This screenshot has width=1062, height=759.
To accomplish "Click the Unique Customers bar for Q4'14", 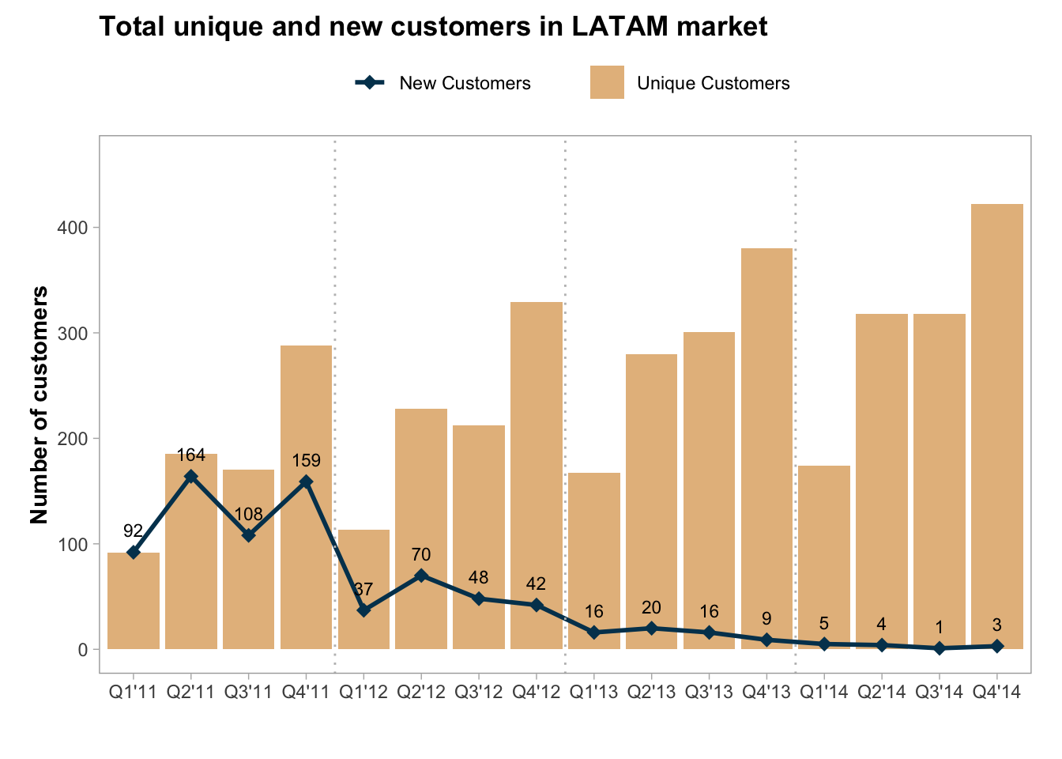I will [x=997, y=427].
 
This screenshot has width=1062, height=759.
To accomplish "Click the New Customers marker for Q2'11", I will [x=191, y=477].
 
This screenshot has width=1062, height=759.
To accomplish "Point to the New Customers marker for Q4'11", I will [x=306, y=481].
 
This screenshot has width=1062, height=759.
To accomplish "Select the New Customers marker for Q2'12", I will [x=421, y=576].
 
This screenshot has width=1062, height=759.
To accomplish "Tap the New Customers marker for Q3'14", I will [x=940, y=648].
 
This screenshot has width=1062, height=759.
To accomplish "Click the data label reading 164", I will [x=191, y=455].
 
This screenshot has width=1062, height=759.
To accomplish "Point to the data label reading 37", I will [x=363, y=590].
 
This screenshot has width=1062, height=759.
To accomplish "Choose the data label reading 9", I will [x=766, y=619].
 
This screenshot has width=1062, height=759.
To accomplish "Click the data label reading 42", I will [x=536, y=584].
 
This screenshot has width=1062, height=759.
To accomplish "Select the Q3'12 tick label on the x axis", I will [x=479, y=693].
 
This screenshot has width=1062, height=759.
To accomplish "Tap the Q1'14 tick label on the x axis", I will [x=824, y=693].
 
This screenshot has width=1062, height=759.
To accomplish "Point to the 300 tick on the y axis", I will [x=73, y=333].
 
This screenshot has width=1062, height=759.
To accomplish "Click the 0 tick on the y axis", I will [x=82, y=649].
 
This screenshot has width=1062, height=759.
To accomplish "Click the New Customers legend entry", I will [x=465, y=83].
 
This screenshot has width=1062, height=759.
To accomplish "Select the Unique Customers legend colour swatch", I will [x=607, y=82].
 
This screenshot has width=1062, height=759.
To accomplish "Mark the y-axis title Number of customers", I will [x=40, y=405].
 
